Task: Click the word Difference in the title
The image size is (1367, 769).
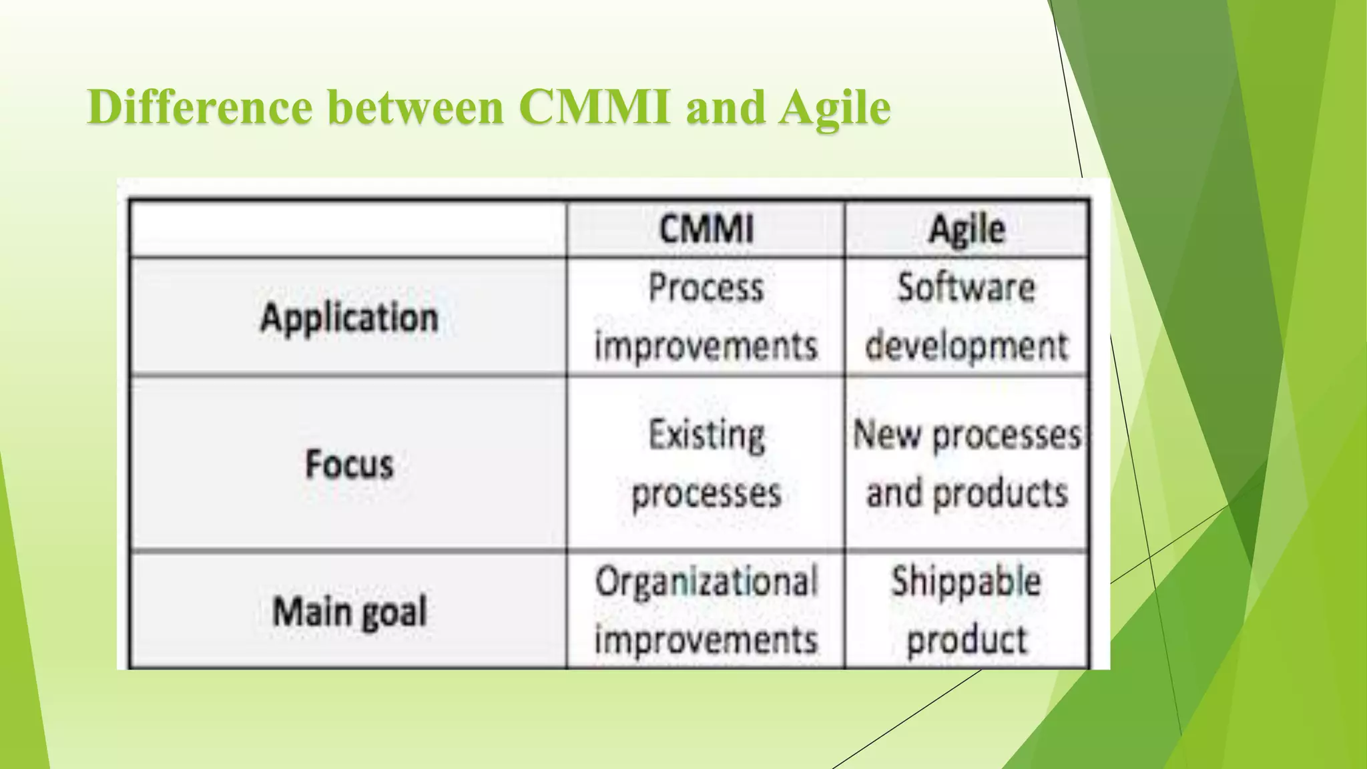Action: pyautogui.click(x=200, y=107)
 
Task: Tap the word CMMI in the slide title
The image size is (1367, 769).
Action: pyautogui.click(x=595, y=107)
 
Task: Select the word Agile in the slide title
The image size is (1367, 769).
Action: pyautogui.click(x=834, y=107)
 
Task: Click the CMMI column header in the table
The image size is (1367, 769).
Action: pyautogui.click(x=706, y=229)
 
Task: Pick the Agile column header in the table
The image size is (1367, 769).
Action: pyautogui.click(x=967, y=230)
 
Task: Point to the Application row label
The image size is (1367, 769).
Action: pyautogui.click(x=349, y=317)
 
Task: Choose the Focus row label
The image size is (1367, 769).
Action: pyautogui.click(x=349, y=464)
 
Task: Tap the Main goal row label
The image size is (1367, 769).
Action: pyautogui.click(x=349, y=611)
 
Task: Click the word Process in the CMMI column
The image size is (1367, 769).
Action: pyautogui.click(x=706, y=288)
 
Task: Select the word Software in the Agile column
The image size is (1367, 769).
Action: pyautogui.click(x=967, y=288)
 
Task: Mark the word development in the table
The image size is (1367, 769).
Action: pyautogui.click(x=967, y=346)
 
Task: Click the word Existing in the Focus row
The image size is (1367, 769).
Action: pyautogui.click(x=706, y=435)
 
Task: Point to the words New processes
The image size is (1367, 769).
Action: pyautogui.click(x=967, y=435)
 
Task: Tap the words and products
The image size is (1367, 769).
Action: pyautogui.click(x=967, y=493)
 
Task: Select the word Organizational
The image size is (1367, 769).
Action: pyautogui.click(x=706, y=581)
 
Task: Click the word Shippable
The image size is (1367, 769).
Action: pyautogui.click(x=967, y=581)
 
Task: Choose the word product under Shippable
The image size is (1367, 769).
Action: pyautogui.click(x=967, y=639)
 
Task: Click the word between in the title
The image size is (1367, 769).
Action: pyautogui.click(x=416, y=107)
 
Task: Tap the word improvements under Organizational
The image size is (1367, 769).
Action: pyautogui.click(x=706, y=639)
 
